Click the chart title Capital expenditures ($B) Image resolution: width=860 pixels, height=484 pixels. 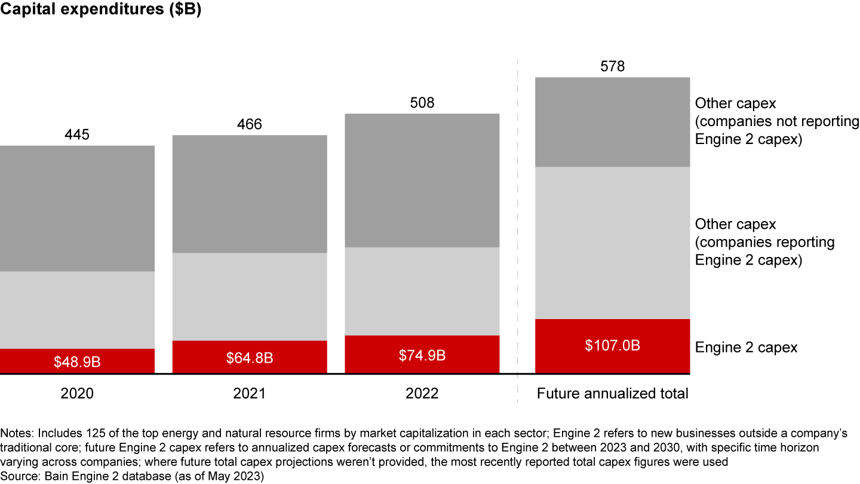pyautogui.click(x=100, y=11)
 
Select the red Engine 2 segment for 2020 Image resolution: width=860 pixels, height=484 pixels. pyautogui.click(x=77, y=362)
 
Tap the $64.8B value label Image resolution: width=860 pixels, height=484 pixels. pyautogui.click(x=250, y=358)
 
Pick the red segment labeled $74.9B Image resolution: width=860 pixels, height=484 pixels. pyautogui.click(x=422, y=355)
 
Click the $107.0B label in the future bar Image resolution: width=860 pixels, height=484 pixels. pyautogui.click(x=612, y=345)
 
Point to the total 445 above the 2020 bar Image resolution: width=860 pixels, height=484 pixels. pyautogui.click(x=77, y=134)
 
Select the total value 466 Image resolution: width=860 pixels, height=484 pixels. pyautogui.click(x=250, y=124)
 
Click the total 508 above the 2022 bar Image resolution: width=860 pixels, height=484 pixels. pyautogui.click(x=422, y=103)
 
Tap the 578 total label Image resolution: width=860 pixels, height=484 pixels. pyautogui.click(x=612, y=66)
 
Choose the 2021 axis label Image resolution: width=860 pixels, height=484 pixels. pyautogui.click(x=250, y=394)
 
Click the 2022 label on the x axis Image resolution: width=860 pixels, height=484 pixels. pyautogui.click(x=422, y=394)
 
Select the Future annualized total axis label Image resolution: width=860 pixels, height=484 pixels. pyautogui.click(x=612, y=394)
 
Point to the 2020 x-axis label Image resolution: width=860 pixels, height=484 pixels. pyautogui.click(x=77, y=394)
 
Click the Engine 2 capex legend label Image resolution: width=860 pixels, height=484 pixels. pyautogui.click(x=746, y=348)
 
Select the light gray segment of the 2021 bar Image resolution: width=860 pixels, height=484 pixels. pyautogui.click(x=250, y=296)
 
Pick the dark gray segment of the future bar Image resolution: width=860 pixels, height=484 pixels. pyautogui.click(x=612, y=122)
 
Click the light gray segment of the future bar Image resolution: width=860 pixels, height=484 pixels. pyautogui.click(x=612, y=243)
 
